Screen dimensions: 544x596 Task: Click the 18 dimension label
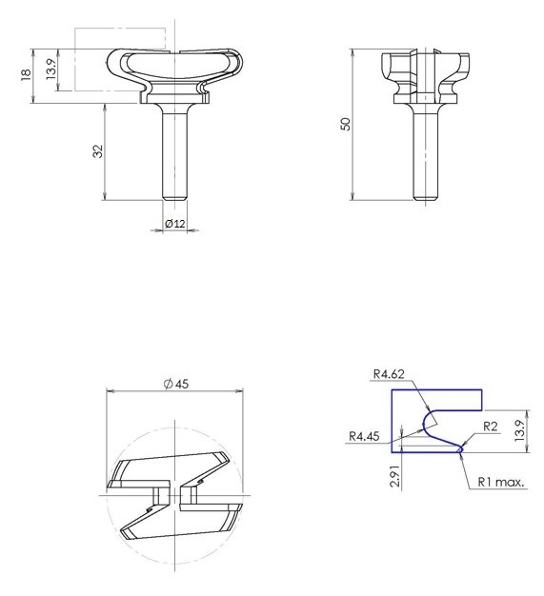[26, 75]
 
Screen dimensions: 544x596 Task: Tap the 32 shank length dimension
[98, 150]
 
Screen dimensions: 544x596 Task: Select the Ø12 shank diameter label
[175, 224]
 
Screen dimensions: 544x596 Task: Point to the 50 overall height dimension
[346, 125]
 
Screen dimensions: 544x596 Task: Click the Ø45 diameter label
[176, 384]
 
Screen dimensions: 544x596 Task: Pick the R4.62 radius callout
[389, 374]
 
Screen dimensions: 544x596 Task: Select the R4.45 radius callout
[364, 436]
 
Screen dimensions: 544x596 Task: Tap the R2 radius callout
[491, 427]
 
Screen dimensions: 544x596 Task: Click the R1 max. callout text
[501, 482]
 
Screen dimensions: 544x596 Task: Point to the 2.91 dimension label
[395, 475]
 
